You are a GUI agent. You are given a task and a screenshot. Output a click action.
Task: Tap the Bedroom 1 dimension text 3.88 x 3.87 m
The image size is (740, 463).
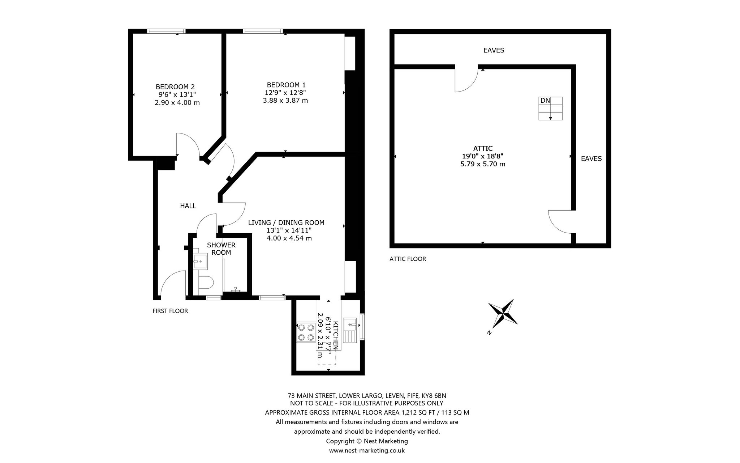[x=285, y=101]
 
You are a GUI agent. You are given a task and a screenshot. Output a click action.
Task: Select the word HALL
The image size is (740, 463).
[x=188, y=206]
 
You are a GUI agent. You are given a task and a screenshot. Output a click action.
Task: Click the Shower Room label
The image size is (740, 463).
[x=221, y=249]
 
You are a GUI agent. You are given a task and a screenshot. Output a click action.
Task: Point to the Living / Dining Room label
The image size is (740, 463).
[x=286, y=222]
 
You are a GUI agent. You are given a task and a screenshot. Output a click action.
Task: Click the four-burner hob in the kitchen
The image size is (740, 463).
[x=305, y=332]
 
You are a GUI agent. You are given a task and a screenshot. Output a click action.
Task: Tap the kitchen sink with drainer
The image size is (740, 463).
[x=350, y=330]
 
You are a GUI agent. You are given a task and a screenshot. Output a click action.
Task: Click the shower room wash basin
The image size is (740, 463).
[x=200, y=261]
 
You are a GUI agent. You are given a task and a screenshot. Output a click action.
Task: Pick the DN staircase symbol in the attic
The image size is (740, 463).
[x=550, y=108]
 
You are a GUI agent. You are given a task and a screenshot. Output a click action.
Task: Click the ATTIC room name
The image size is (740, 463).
[x=483, y=148]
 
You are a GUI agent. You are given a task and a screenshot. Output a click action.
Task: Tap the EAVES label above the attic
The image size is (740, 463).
[x=494, y=50]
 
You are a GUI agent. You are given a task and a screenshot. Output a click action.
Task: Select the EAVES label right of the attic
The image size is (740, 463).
[x=591, y=158]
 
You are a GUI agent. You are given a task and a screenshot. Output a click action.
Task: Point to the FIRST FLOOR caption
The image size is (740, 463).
[x=170, y=311]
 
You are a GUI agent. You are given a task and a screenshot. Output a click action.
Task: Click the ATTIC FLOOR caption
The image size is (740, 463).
[x=408, y=259]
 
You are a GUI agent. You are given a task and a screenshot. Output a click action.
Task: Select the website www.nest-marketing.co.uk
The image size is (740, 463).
[x=367, y=451]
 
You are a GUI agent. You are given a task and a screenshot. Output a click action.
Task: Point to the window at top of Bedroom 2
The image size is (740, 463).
[x=167, y=31]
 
